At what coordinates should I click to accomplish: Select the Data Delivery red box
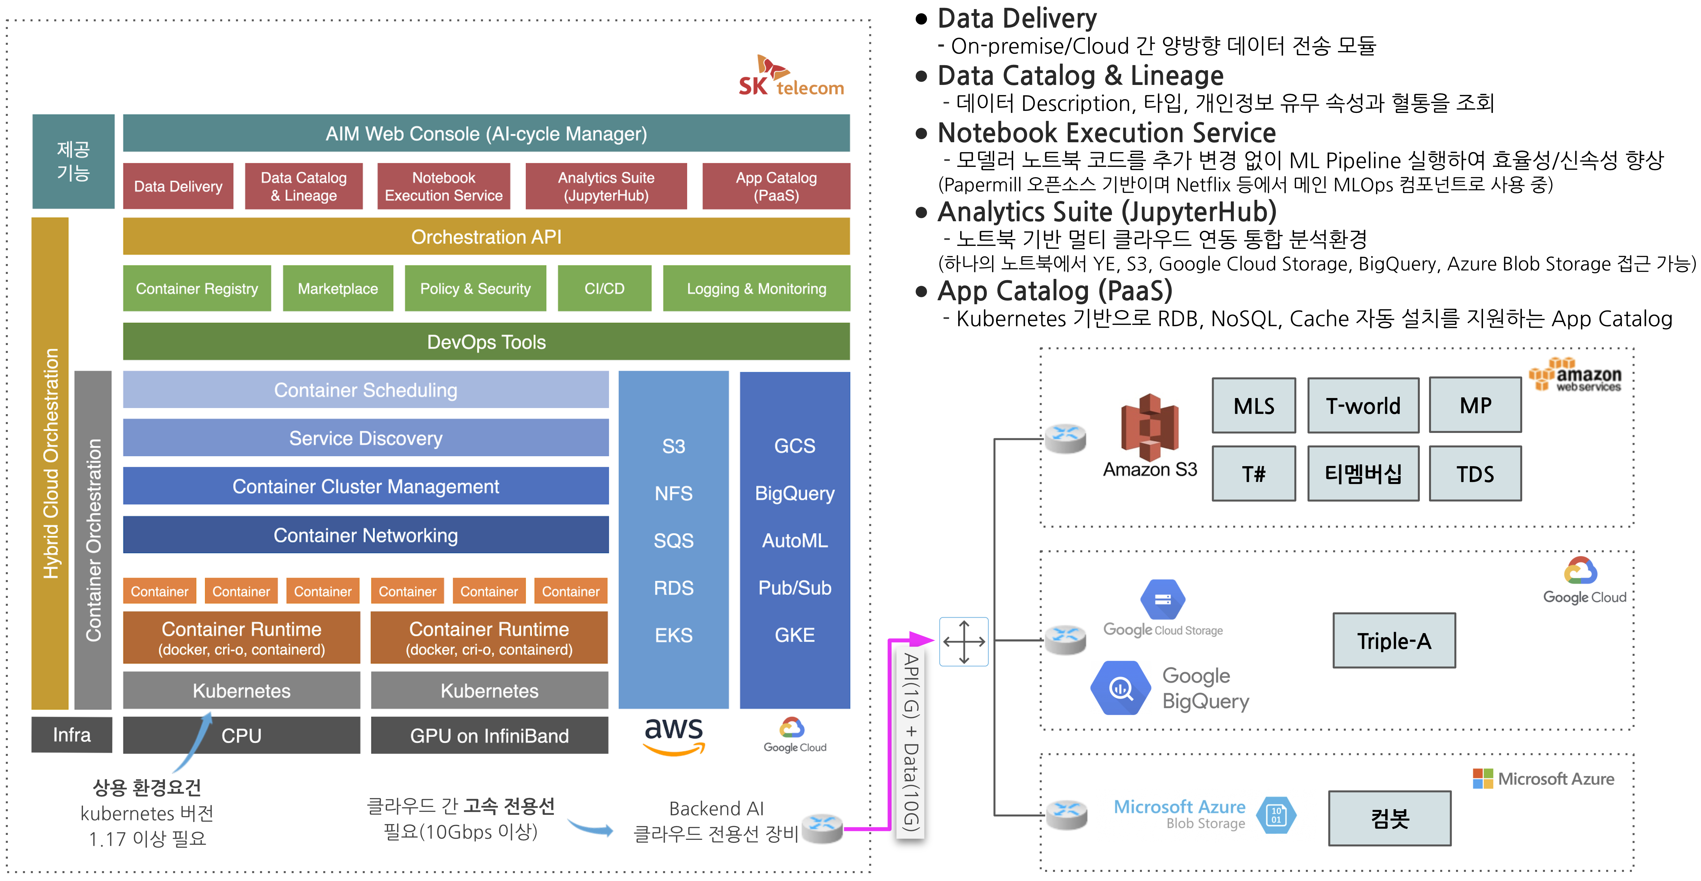click(178, 186)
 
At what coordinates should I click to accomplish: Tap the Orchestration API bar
click(486, 236)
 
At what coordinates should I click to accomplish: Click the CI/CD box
click(604, 289)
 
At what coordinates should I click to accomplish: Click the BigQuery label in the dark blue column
click(795, 493)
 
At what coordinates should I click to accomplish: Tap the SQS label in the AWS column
click(674, 540)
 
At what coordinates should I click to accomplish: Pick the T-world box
click(1363, 406)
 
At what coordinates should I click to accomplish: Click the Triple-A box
click(1394, 641)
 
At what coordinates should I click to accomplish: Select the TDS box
click(1475, 473)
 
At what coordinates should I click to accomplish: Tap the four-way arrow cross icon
click(964, 641)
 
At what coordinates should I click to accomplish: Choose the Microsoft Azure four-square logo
click(1482, 779)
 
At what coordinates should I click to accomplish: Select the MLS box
click(1253, 406)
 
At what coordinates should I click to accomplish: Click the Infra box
click(72, 734)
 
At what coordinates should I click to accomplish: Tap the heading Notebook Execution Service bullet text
click(1106, 133)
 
